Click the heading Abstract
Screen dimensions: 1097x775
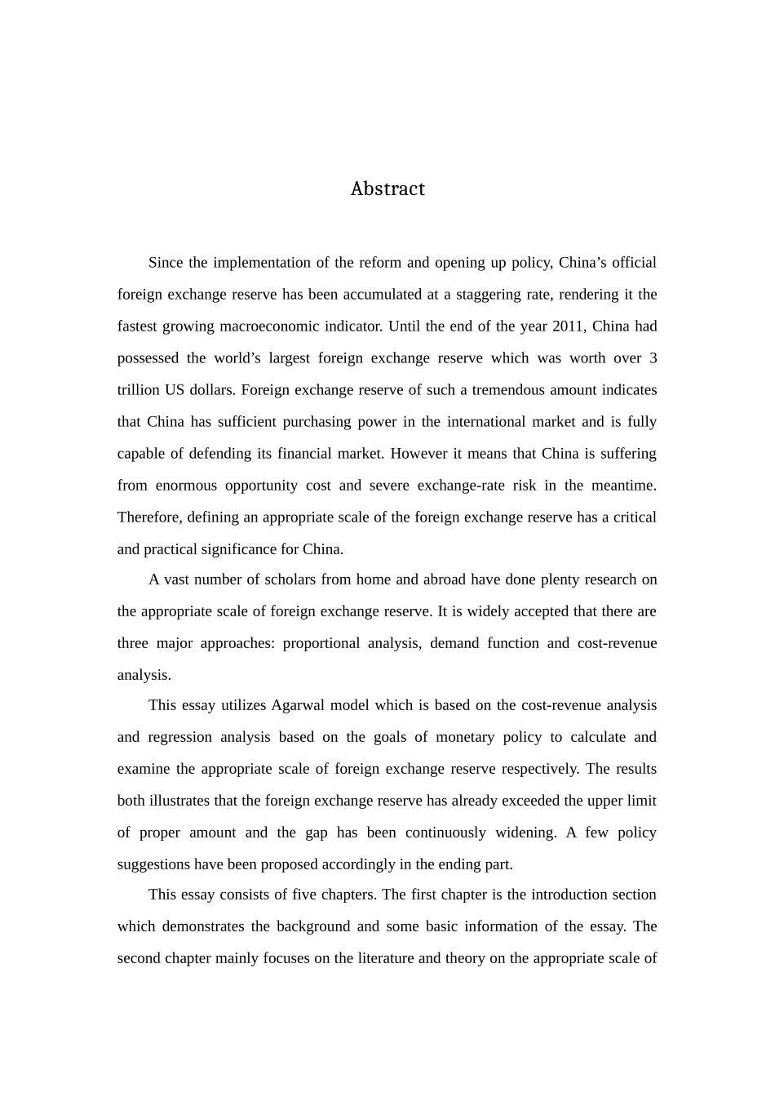point(387,189)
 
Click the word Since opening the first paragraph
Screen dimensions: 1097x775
point(166,263)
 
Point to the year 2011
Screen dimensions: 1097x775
point(568,326)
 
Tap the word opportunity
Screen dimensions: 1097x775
point(261,486)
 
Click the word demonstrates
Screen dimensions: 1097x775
point(202,926)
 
